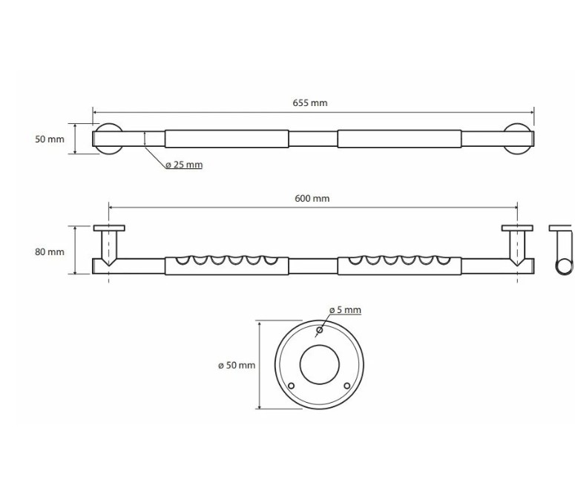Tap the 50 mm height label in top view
tap(50, 139)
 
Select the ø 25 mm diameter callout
tap(184, 165)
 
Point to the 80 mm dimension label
tap(50, 251)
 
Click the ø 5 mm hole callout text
tap(346, 310)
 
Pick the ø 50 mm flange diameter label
tap(237, 365)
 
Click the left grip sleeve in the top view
tap(226, 139)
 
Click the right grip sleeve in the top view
tap(400, 139)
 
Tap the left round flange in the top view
tap(107, 139)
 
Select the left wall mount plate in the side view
tap(109, 228)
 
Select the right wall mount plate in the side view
tap(517, 228)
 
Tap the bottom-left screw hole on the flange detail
tap(292, 386)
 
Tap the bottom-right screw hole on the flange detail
tap(346, 386)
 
